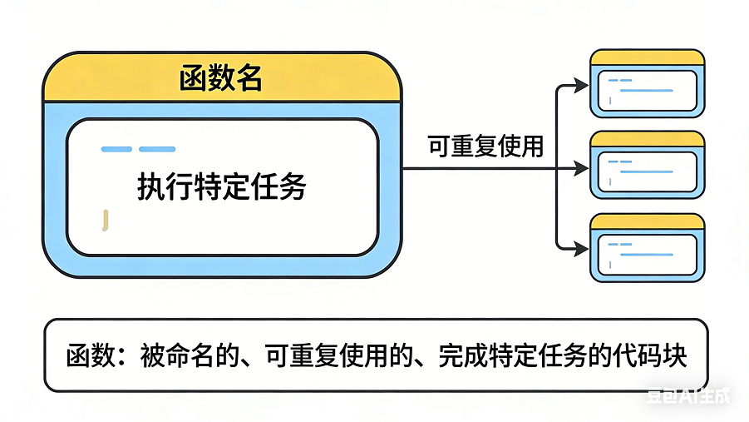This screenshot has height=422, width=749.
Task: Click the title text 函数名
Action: tap(221, 79)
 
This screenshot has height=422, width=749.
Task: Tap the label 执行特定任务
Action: tap(221, 187)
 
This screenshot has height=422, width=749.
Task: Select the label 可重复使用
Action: tap(485, 147)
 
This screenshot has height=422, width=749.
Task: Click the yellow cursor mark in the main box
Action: tap(105, 220)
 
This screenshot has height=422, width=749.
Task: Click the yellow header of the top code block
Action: tap(647, 57)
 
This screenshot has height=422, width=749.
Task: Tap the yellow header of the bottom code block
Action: tap(647, 221)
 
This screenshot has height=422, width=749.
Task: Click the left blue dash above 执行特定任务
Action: tap(116, 150)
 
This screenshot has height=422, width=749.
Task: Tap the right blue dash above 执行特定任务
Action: tap(157, 150)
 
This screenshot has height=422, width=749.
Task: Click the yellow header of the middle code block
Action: tap(647, 139)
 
